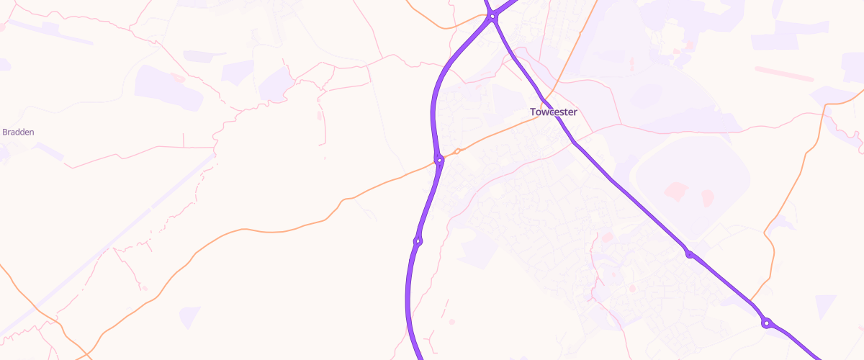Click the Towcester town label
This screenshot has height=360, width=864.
553,112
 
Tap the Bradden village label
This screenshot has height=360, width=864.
19,132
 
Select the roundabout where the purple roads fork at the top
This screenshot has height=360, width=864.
492,17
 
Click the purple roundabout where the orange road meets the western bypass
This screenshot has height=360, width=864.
438,160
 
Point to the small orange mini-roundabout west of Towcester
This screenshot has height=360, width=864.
457,151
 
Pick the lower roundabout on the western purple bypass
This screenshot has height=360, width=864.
418,240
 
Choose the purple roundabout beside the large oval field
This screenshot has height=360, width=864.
689,253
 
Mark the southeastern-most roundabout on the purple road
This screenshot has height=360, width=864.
768,323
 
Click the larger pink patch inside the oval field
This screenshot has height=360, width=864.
677,191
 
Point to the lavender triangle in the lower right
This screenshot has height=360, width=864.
825,305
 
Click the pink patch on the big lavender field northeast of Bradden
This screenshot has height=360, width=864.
178,78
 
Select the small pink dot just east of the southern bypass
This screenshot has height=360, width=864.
452,321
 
